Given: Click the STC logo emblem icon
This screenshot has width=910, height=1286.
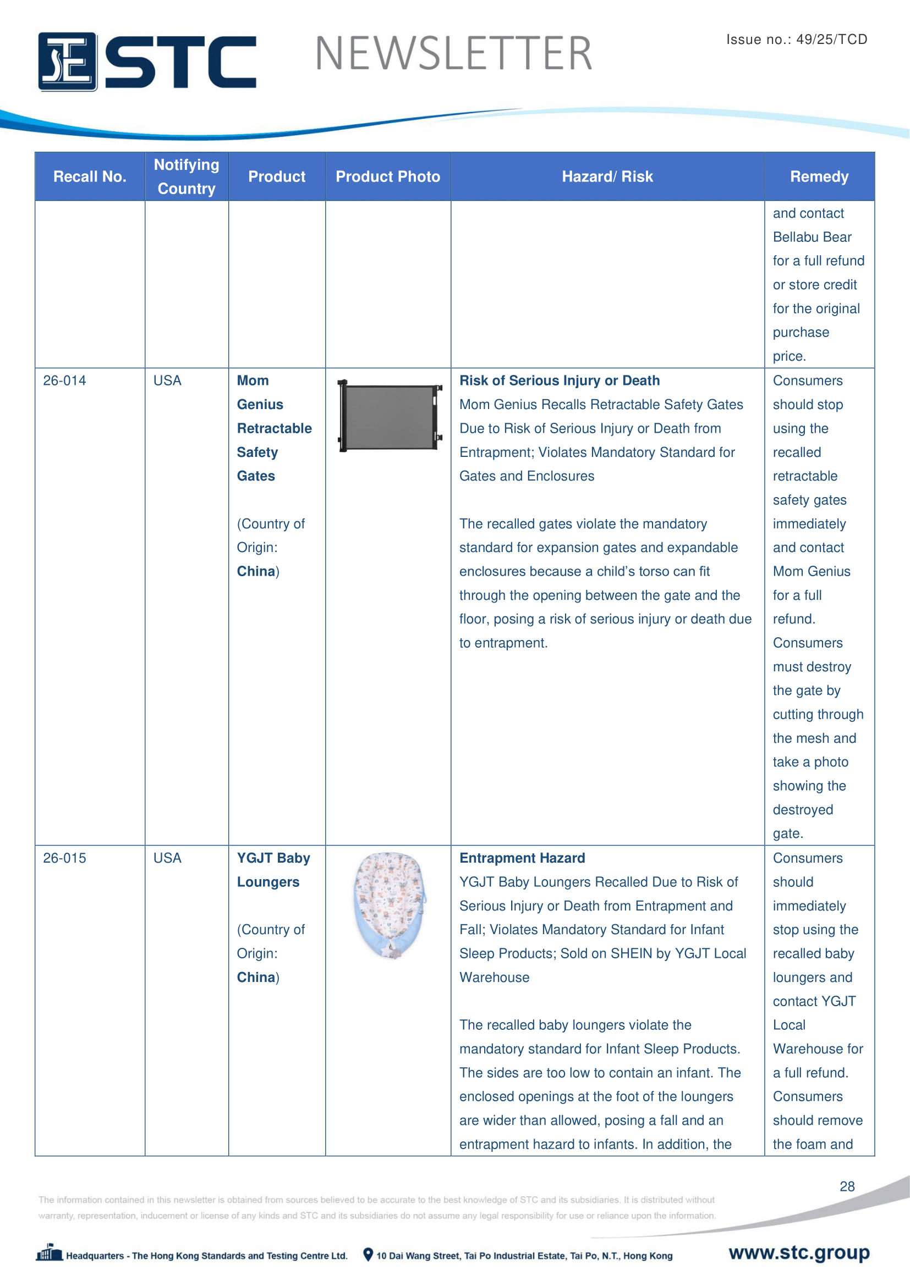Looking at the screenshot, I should [67, 62].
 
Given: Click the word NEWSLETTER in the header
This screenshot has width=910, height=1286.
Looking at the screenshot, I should [453, 54].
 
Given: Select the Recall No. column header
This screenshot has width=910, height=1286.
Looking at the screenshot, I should [90, 176].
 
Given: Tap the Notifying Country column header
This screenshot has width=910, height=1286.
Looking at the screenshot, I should [187, 176].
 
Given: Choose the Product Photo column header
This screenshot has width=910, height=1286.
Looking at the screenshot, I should [388, 176].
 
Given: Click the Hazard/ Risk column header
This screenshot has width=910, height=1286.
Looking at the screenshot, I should [607, 176].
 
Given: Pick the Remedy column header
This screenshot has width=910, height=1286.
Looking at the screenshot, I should [819, 176].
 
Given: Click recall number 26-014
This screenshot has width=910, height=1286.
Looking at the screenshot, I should [64, 381].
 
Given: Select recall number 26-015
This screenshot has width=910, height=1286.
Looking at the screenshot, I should [64, 858].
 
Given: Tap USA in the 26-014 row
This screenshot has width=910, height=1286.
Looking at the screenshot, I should [167, 381].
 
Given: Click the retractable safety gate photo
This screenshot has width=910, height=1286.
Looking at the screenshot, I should [390, 416].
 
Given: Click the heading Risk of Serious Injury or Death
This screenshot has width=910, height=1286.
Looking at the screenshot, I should [559, 381].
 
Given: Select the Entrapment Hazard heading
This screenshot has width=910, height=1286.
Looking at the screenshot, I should [522, 858].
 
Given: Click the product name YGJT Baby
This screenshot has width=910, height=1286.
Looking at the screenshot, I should [273, 858].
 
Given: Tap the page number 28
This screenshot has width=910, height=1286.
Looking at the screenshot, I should [847, 1186].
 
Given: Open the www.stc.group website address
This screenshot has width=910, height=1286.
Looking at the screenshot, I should [798, 1252].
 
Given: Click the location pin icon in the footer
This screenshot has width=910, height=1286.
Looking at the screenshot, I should [368, 1255].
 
